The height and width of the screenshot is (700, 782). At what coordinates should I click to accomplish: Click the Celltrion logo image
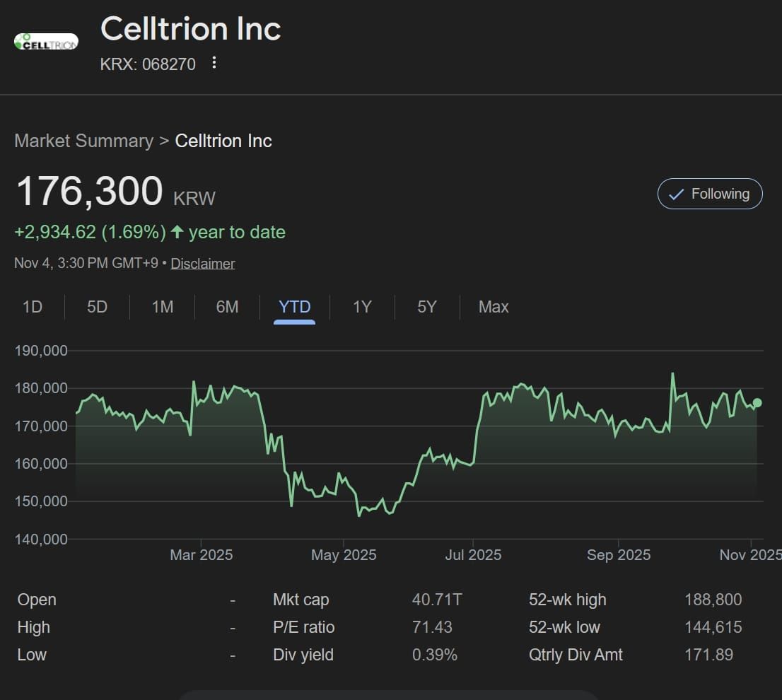46,42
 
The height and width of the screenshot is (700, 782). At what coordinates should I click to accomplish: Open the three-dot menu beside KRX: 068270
214,63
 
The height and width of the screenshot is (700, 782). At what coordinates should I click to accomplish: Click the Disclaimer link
202,264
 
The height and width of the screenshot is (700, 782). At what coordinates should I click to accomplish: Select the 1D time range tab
33,307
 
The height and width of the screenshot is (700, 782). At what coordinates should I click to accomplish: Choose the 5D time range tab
97,307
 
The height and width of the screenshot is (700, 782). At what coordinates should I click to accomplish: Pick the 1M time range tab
162,307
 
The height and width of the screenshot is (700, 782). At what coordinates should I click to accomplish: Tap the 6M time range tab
227,307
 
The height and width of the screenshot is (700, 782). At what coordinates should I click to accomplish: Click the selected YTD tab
294,307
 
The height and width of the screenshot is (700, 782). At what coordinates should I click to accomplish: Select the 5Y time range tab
426,307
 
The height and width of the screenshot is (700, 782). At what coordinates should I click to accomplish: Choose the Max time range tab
493,307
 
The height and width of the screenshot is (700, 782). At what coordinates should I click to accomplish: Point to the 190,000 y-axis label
41,351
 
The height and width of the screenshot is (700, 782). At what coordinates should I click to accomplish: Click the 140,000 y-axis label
41,539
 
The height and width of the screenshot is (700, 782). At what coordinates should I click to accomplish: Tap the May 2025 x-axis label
344,555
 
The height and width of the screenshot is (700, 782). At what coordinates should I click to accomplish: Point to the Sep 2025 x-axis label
618,555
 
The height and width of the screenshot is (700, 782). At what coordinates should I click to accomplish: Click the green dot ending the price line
757,403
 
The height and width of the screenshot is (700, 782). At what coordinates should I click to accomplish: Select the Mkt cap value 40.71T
436,600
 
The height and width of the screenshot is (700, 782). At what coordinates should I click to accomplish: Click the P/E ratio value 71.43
432,627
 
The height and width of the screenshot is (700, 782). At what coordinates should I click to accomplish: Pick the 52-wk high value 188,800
713,600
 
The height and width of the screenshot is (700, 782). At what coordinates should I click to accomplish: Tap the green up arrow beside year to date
177,232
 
